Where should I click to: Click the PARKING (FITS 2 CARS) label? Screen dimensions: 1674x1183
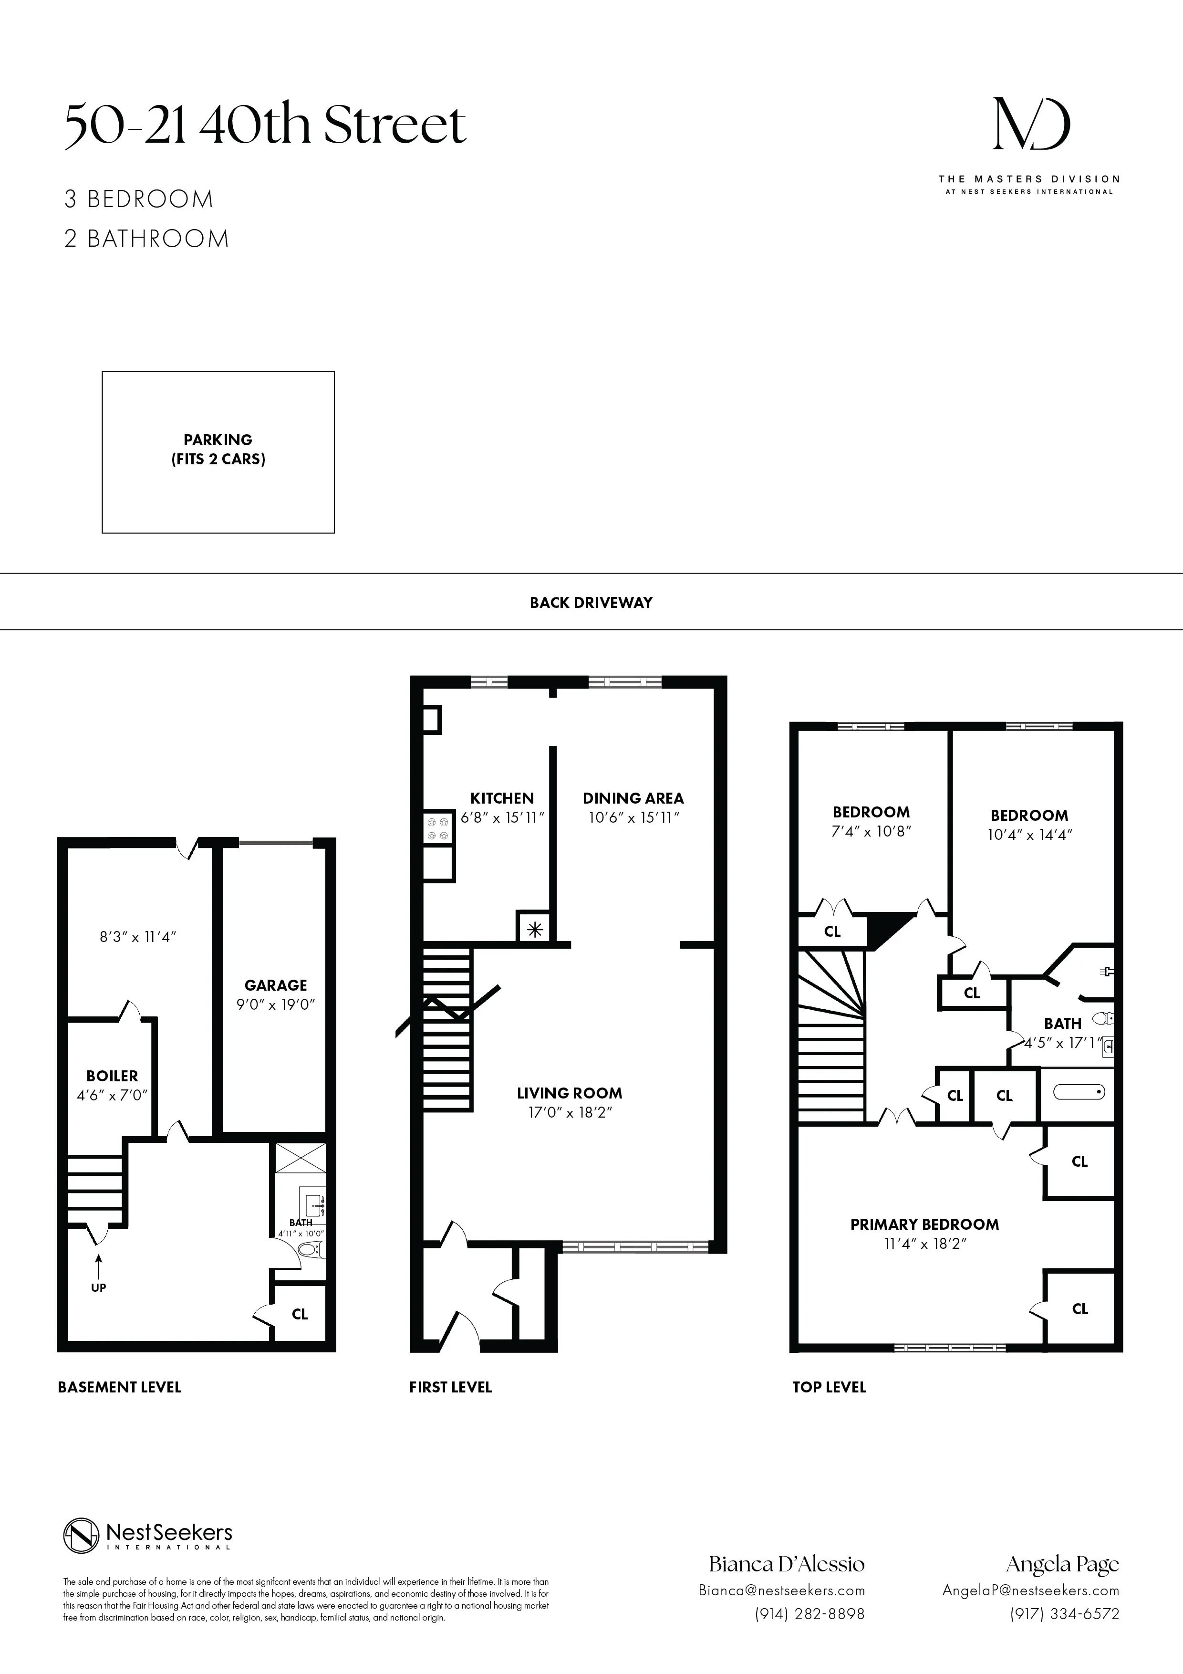click(218, 449)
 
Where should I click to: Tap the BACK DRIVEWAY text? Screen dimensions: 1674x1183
click(591, 602)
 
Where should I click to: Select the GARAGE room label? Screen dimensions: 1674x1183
click(276, 985)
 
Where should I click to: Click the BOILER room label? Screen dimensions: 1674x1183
click(112, 1076)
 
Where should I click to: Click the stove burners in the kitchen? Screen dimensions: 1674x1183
click(438, 828)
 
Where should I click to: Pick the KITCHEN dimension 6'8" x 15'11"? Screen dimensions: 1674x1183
click(502, 817)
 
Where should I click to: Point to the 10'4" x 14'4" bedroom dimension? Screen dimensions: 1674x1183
click(1029, 835)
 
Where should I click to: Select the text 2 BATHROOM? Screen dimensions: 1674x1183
click(146, 239)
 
